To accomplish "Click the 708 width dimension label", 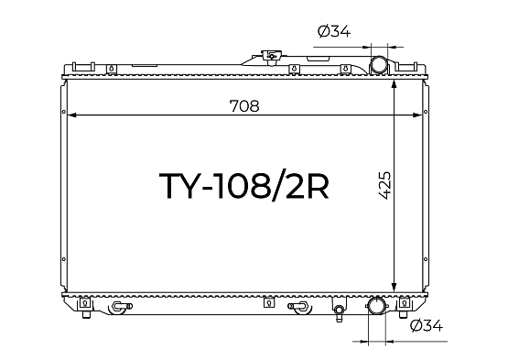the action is (244, 105).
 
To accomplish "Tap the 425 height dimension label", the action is (384, 185).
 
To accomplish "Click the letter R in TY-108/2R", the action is (318, 186).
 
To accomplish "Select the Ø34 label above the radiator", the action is (334, 31).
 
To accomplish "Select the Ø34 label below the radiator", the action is (426, 325).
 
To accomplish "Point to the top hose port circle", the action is (379, 64).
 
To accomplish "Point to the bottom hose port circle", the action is (377, 306).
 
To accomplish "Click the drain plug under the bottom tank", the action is (339, 312).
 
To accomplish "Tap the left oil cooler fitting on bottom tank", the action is (121, 306).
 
